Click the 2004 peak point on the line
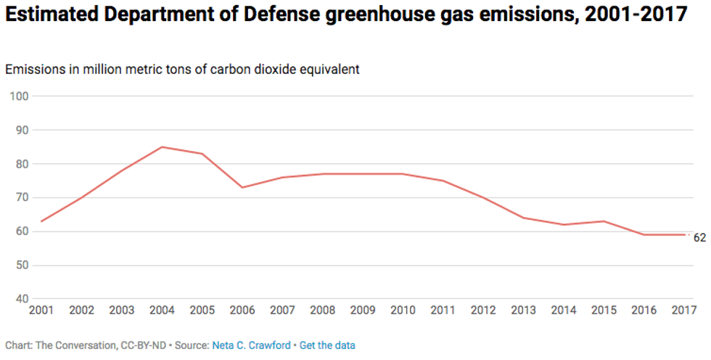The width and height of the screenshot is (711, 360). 162,147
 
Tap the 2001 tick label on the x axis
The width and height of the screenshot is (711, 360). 41,311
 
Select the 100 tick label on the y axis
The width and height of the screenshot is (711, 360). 19,97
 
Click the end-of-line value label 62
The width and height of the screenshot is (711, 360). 699,237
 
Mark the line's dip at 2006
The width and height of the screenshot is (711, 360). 242,187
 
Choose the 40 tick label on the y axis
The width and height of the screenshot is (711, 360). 21,299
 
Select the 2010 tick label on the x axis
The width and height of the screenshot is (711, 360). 403,311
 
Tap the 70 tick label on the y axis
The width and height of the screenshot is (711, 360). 21,197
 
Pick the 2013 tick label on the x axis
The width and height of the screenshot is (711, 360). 524,311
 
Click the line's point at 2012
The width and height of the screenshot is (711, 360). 483,197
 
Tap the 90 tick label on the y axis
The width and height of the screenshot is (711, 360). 21,130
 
